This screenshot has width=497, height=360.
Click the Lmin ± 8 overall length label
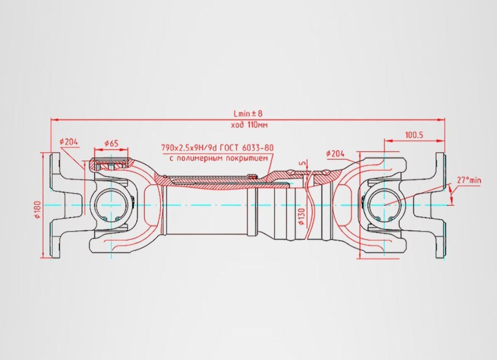(248, 114)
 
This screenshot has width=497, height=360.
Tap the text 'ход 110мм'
(249, 125)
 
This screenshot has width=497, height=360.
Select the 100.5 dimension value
(414, 135)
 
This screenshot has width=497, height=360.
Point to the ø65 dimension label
(112, 144)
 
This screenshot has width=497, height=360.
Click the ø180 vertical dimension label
(38, 210)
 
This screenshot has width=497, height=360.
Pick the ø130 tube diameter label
(302, 217)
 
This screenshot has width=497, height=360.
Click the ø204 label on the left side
(69, 142)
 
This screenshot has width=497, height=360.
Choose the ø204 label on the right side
(335, 154)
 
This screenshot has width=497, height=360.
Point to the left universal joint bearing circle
(111, 205)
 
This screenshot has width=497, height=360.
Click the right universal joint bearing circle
(385, 205)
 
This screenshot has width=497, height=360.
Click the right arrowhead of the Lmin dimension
(441, 120)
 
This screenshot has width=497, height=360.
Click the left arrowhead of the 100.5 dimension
(388, 140)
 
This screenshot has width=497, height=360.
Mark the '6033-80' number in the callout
(257, 147)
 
